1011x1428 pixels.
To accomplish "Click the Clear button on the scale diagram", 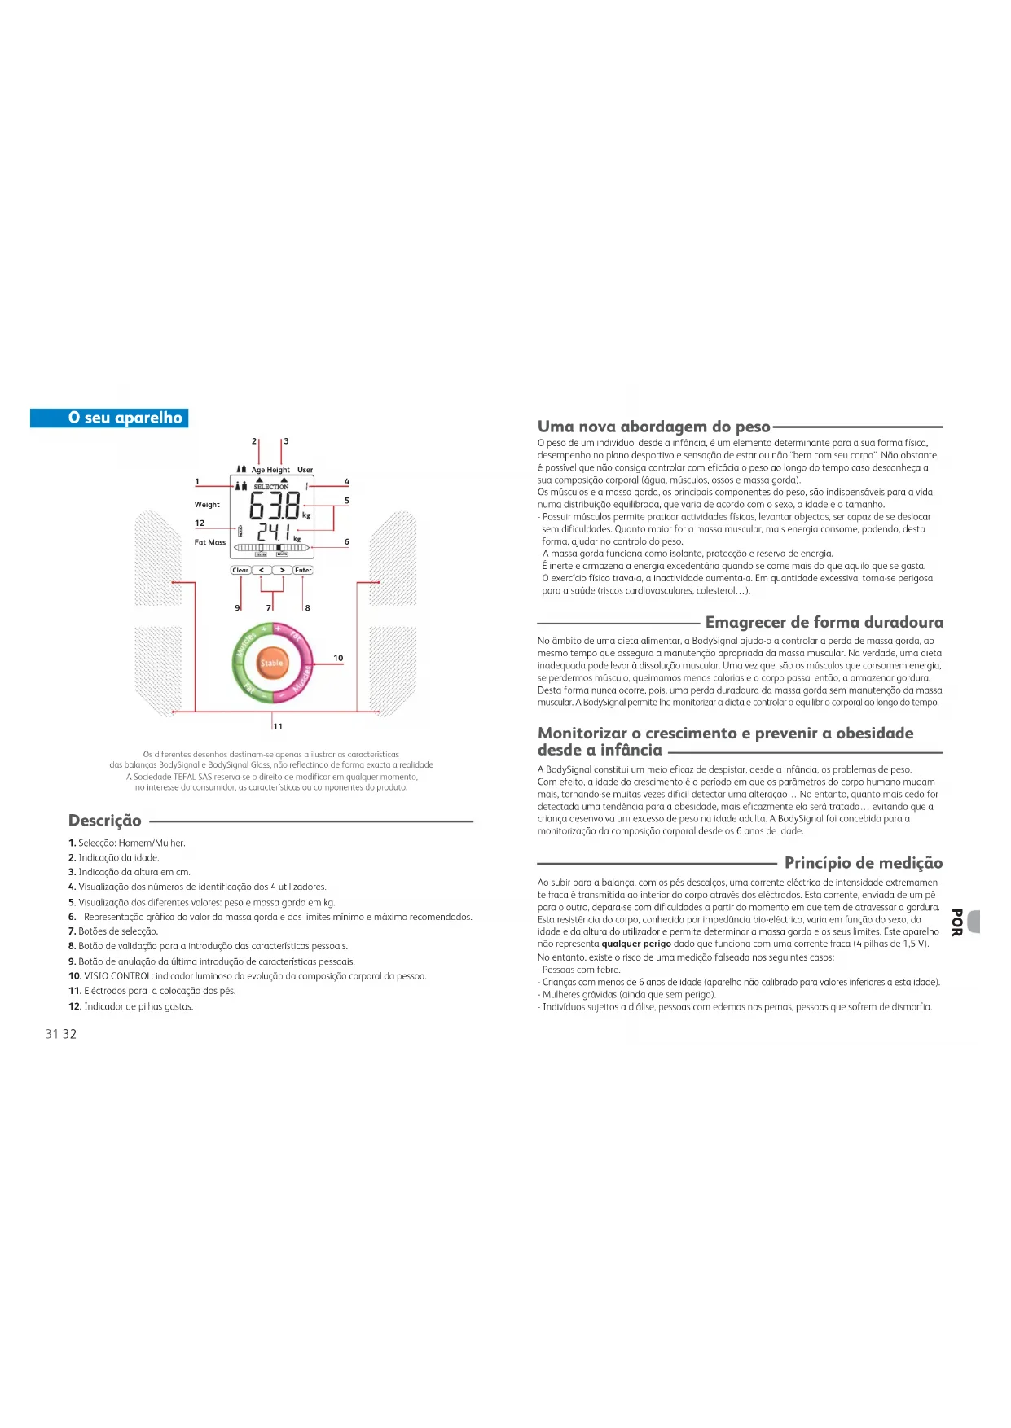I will [x=240, y=570].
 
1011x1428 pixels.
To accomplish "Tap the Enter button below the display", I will [x=303, y=570].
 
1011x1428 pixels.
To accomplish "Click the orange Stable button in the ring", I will [x=271, y=664].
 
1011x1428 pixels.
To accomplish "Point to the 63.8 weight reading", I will [x=275, y=506].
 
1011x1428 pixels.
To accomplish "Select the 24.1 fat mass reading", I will [x=275, y=532].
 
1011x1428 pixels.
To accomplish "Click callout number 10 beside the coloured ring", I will [x=338, y=658].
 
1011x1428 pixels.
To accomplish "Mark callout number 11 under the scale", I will [x=278, y=726].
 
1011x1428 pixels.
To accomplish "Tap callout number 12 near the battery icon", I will [x=200, y=523].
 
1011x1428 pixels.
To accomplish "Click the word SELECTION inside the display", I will [x=271, y=487].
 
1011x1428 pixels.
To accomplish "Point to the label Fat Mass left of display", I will [x=210, y=542].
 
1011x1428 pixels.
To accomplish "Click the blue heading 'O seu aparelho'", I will [x=125, y=418].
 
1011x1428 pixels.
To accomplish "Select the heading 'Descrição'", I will [x=105, y=821].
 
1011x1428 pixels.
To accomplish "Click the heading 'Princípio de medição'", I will [x=863, y=863].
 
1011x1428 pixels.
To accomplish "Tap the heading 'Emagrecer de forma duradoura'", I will [x=824, y=623].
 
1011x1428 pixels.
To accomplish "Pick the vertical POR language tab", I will [x=958, y=922].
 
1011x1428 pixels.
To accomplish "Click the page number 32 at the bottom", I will [x=70, y=1034].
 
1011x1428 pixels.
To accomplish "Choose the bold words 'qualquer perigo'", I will [x=636, y=944].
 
